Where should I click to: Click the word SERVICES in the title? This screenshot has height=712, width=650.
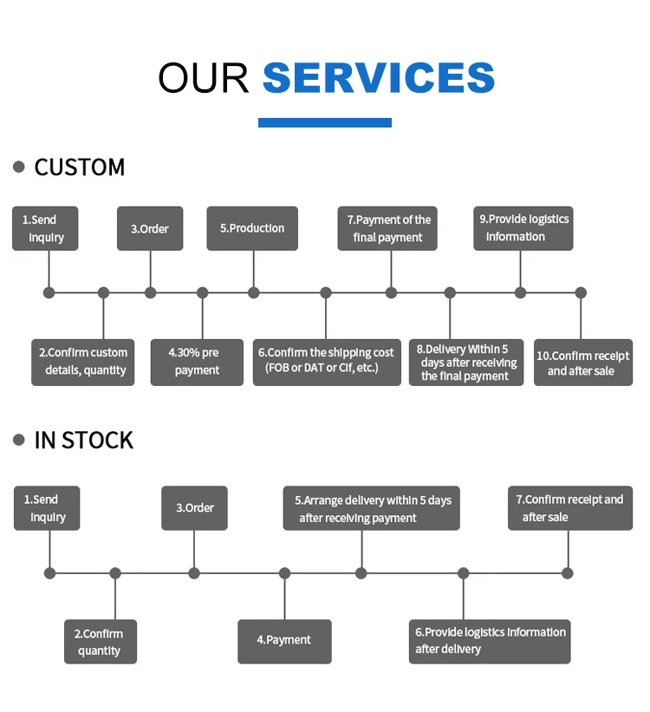pos(378,77)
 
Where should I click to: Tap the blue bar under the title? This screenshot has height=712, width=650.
pos(325,122)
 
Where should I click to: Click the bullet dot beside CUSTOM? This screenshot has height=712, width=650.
pos(19,167)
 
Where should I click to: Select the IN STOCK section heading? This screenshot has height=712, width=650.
pos(83,441)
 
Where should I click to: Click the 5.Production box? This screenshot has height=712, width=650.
pos(252,228)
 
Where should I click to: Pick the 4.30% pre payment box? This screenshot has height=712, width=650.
pos(197,362)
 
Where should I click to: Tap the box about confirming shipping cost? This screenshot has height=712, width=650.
pos(328,362)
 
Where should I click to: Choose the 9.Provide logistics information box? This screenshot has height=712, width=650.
pos(523,228)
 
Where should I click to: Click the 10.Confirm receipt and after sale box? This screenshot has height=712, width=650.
pos(582,363)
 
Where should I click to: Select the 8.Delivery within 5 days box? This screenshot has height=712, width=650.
pos(466,363)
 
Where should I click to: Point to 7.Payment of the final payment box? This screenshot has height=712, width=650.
pos(387,228)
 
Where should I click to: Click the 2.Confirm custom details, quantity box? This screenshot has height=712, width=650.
pos(83,362)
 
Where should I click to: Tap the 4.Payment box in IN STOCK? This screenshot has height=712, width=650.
pos(284,641)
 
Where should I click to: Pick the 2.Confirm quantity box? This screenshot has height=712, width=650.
pos(101,642)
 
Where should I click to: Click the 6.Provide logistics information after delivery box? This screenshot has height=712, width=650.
pos(490,641)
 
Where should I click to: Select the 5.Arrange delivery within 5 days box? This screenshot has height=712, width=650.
pos(371,508)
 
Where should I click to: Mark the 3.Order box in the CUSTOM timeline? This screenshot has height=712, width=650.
pos(150,229)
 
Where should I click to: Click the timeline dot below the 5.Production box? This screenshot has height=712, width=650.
pos(253,293)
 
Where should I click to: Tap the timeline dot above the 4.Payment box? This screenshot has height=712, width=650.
pos(284,573)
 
